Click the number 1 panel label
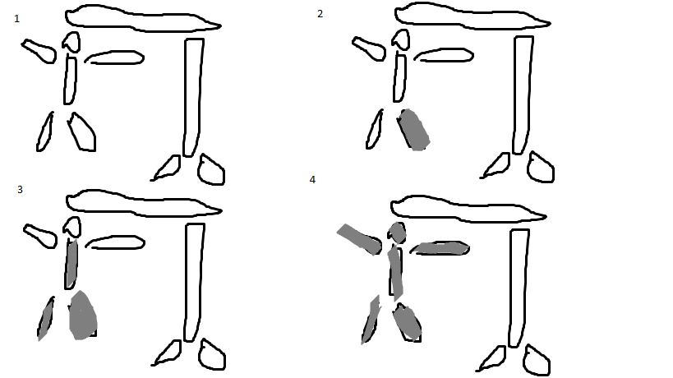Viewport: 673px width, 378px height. point(16,18)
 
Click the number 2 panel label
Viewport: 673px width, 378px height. point(320,14)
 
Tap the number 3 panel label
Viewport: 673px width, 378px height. point(20,190)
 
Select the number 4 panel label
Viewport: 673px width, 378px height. point(312,179)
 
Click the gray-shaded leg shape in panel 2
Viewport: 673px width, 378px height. point(413,130)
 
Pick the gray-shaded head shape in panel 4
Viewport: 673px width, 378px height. point(398,233)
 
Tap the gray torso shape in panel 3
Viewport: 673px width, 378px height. point(72,264)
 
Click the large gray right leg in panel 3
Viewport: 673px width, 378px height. point(83,316)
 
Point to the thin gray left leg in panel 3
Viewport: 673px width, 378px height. point(45,319)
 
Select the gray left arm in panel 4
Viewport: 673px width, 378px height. point(359,239)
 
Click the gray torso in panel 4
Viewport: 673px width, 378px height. point(396,273)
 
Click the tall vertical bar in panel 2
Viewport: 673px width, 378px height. point(523,94)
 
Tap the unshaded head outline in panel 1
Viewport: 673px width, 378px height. point(71,42)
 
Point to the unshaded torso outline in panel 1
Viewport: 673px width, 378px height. point(71,80)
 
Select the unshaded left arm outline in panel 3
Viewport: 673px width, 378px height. point(40,236)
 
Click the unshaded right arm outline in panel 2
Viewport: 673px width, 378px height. point(445,55)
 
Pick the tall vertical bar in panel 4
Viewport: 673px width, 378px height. point(519,288)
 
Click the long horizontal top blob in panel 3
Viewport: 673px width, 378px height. point(144,203)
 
